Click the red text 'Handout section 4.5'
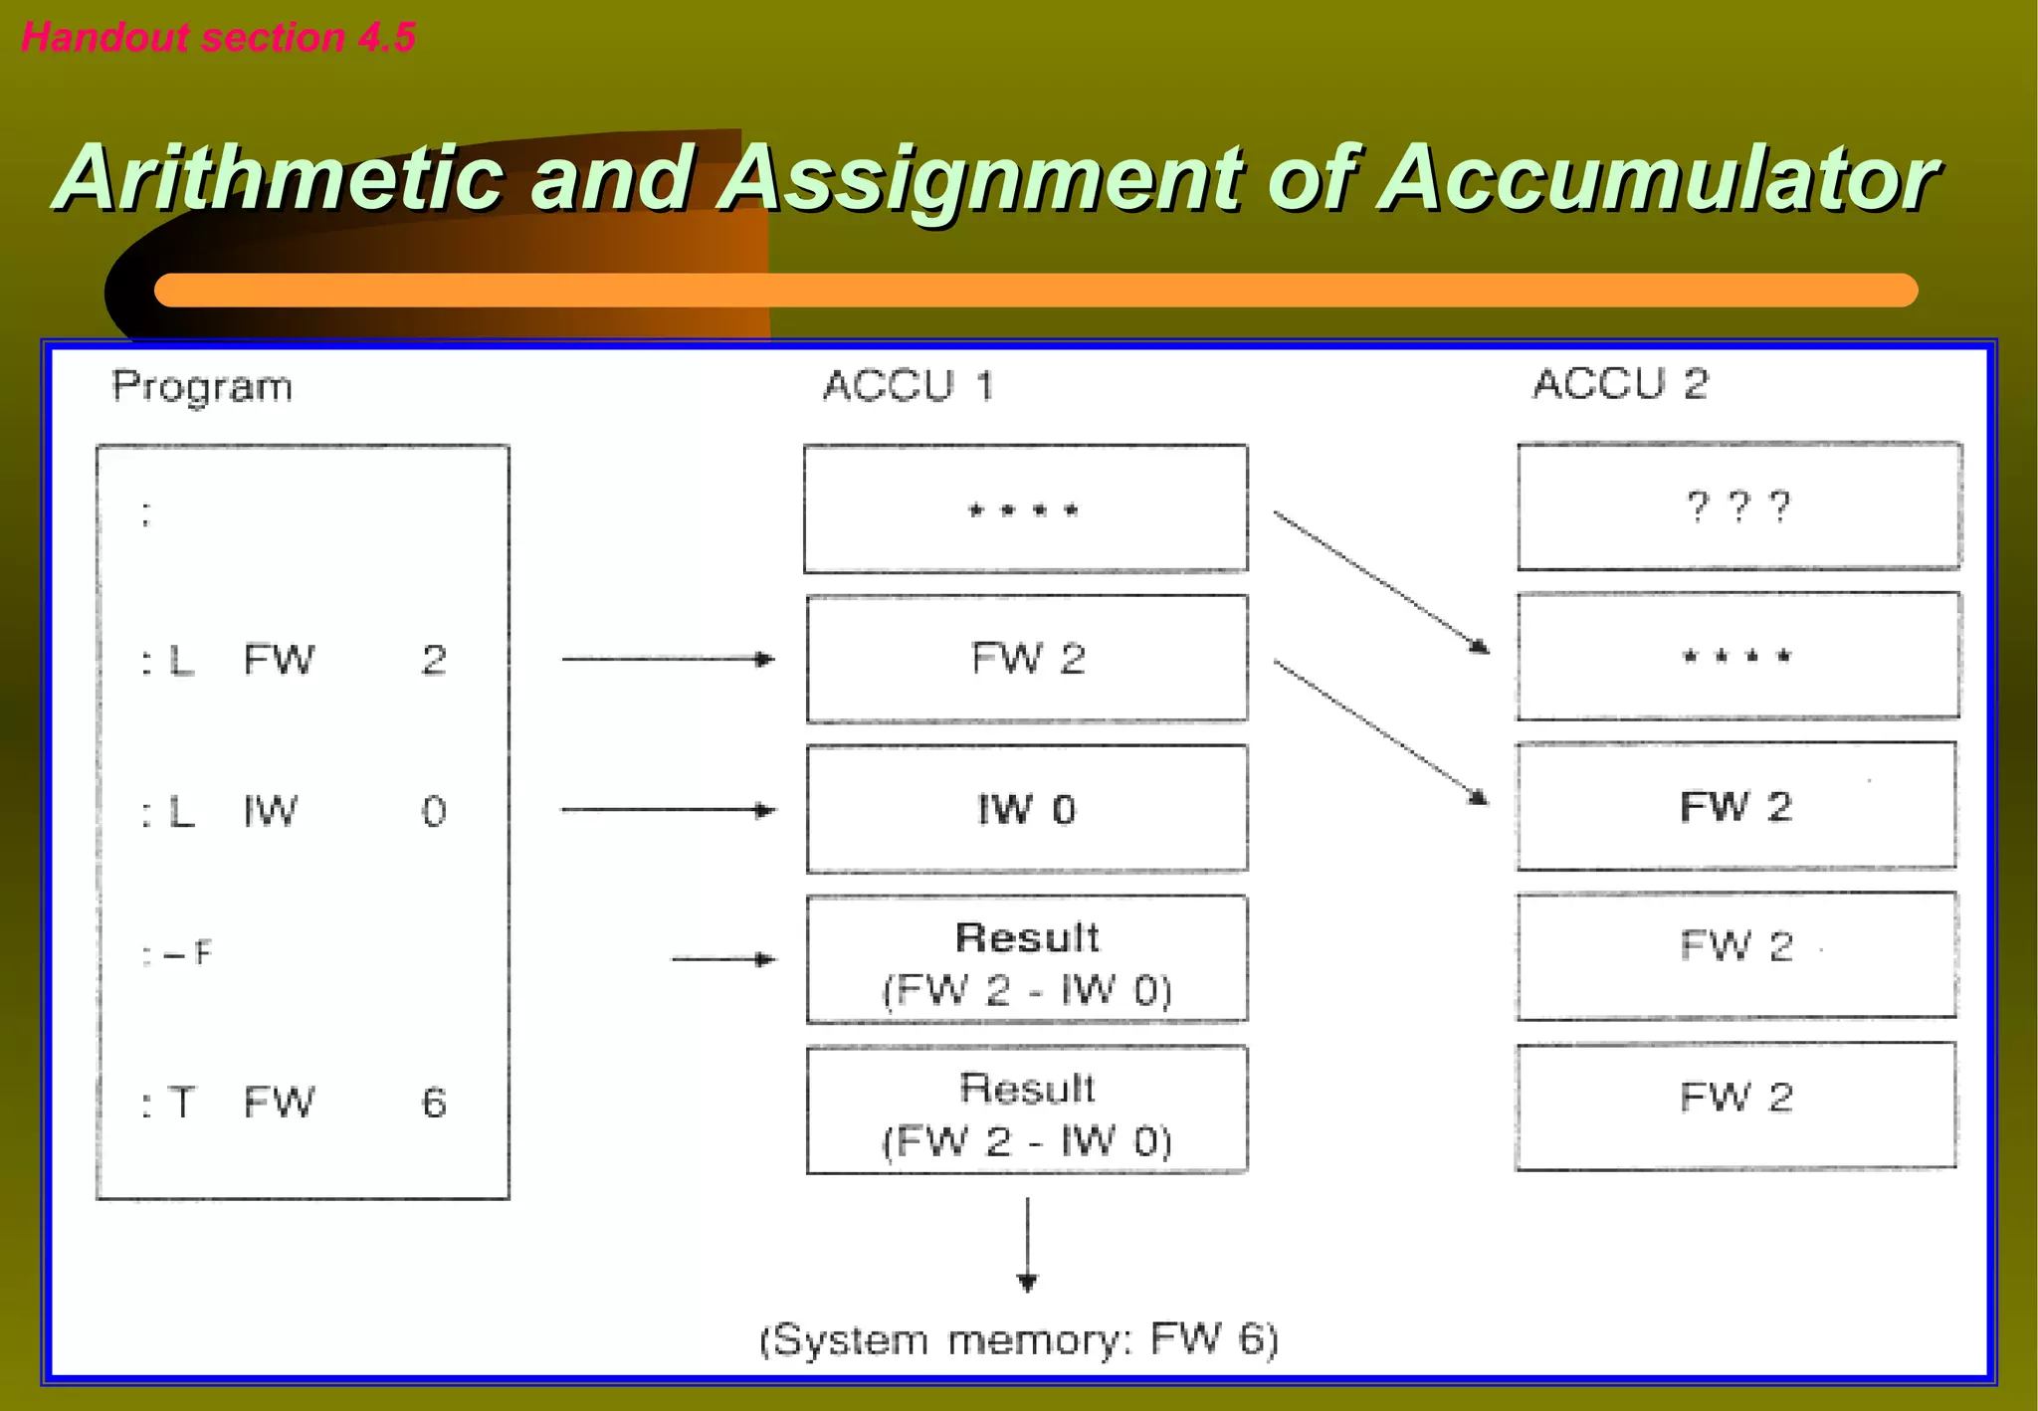coord(218,38)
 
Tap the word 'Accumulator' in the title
coord(1658,178)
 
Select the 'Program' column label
coord(202,387)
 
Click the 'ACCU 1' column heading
coord(908,386)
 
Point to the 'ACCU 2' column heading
coord(1619,384)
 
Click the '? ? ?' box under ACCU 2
coord(1738,506)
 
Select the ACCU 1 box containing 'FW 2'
coord(1026,659)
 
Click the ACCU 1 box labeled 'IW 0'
coord(1026,809)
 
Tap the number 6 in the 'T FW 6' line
coord(434,1103)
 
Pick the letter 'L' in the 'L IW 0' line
coord(181,812)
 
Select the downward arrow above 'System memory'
coord(1028,1244)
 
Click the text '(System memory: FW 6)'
coord(1018,1339)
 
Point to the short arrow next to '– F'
coord(722,959)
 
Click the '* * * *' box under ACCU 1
coord(1025,509)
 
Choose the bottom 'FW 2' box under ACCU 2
coord(1735,1105)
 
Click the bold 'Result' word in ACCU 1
coord(1027,937)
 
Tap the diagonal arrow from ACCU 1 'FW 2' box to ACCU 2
coord(1381,730)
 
